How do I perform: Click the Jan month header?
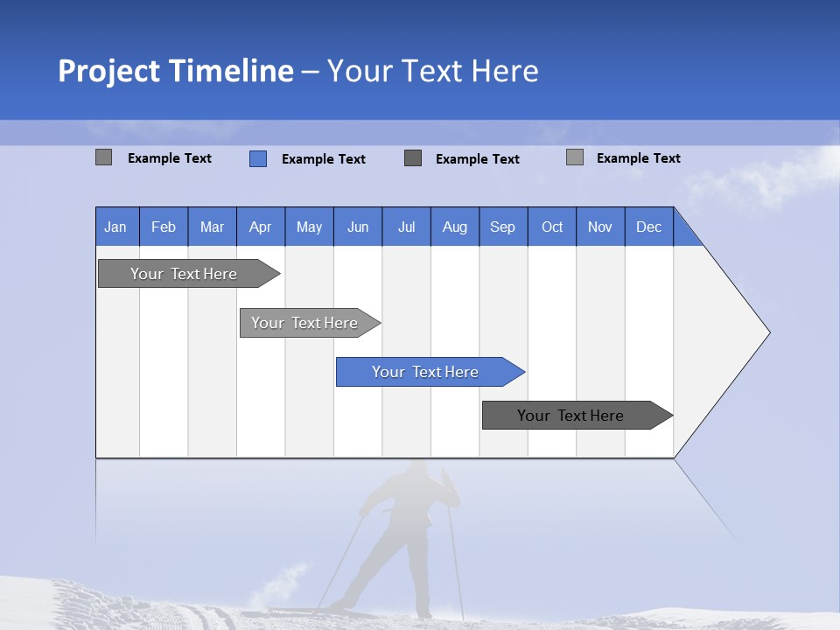(x=116, y=227)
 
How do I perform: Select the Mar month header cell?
(x=212, y=227)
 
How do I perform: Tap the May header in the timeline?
(x=309, y=227)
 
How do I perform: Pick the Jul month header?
(x=406, y=227)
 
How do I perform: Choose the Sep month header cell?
(x=502, y=227)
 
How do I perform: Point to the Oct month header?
(x=552, y=227)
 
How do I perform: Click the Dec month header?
(x=648, y=227)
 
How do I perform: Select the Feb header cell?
(x=164, y=227)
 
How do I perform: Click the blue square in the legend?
(x=258, y=158)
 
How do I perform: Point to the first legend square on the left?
(x=103, y=157)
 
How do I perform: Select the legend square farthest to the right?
(x=575, y=157)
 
